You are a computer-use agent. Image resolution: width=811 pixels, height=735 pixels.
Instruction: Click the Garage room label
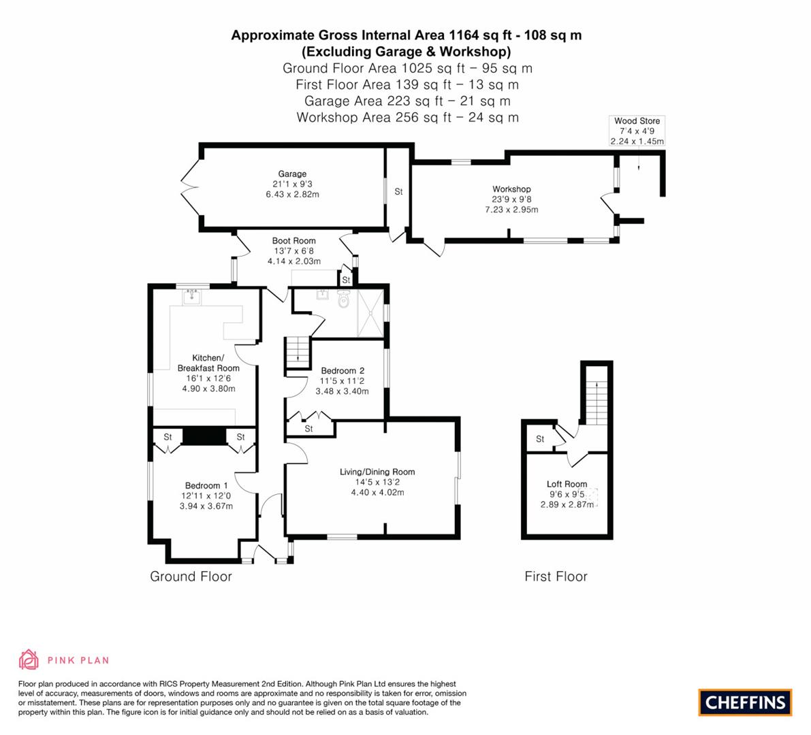pyautogui.click(x=292, y=174)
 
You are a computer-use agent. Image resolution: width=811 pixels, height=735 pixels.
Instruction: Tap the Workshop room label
pyautogui.click(x=511, y=189)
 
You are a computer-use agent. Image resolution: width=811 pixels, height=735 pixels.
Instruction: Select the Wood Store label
pyautogui.click(x=637, y=121)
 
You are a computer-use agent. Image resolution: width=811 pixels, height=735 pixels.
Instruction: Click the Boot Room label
pyautogui.click(x=293, y=241)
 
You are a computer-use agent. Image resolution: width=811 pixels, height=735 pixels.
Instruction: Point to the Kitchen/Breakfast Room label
pyautogui.click(x=208, y=363)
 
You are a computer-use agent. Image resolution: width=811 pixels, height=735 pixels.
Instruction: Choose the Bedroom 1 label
pyautogui.click(x=206, y=485)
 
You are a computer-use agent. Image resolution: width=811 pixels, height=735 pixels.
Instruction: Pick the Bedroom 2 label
pyautogui.click(x=343, y=371)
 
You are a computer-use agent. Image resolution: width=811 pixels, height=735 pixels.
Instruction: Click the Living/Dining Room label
pyautogui.click(x=377, y=472)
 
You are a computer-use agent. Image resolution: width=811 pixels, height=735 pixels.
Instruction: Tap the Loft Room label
pyautogui.click(x=567, y=485)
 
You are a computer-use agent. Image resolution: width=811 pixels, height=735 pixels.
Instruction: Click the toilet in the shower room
pyautogui.click(x=344, y=298)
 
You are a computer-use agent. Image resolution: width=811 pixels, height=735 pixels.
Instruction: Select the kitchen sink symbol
pyautogui.click(x=192, y=297)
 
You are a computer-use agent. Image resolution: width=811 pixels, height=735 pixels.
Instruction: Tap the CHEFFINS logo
pyautogui.click(x=745, y=702)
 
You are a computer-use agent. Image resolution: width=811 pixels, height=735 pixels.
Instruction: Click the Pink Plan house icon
pyautogui.click(x=29, y=659)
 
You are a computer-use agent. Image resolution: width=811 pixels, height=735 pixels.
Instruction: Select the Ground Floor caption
pyautogui.click(x=191, y=576)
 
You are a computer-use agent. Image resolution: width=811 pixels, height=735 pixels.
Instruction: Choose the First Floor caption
pyautogui.click(x=556, y=576)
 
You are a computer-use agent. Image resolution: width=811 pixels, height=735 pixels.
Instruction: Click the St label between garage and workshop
pyautogui.click(x=398, y=192)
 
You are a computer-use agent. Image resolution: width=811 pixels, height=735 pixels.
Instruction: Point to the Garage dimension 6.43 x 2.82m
pyautogui.click(x=292, y=195)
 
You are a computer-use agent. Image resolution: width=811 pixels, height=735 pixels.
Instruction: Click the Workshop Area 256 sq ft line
pyautogui.click(x=408, y=117)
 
